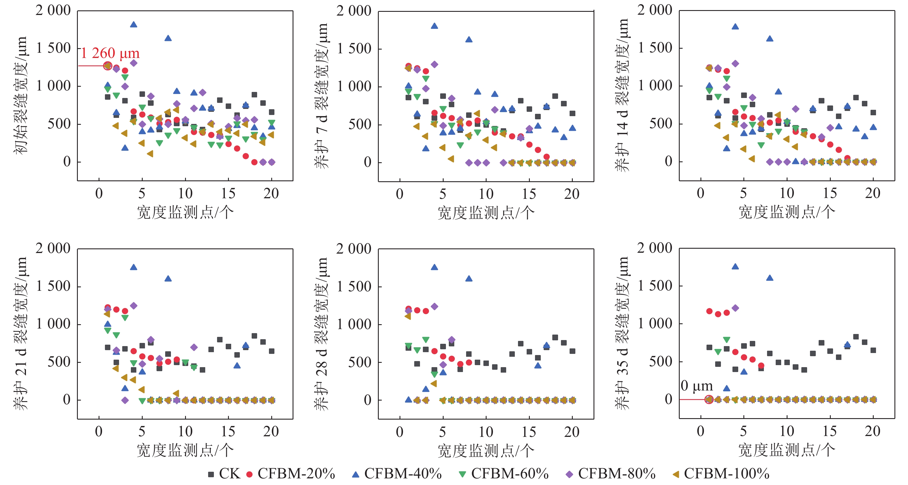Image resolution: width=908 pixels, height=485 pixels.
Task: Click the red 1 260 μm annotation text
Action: pos(110,54)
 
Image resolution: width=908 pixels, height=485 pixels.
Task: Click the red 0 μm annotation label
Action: pos(696,386)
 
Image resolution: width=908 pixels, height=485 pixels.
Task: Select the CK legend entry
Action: pos(225,474)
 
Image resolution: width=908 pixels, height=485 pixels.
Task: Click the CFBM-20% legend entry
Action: pos(291,474)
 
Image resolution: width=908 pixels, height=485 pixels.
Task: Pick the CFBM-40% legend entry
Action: pos(397,474)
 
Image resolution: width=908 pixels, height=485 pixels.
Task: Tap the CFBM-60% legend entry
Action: pos(504,474)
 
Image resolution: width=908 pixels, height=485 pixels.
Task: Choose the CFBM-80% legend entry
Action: pos(611,474)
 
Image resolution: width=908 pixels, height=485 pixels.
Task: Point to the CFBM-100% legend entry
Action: pos(721,474)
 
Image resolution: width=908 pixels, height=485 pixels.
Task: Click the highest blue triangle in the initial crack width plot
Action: pos(133,24)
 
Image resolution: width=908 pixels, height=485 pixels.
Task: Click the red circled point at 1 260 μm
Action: pos(108,65)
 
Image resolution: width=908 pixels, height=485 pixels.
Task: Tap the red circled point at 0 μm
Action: pos(709,399)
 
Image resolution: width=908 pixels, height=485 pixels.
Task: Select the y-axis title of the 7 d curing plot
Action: pos(321,95)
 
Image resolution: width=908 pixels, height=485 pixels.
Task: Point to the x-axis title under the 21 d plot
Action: pos(185,450)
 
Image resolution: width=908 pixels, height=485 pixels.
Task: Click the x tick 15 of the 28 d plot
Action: pos(529,432)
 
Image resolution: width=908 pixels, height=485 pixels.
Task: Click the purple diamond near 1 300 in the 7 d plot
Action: pos(434,65)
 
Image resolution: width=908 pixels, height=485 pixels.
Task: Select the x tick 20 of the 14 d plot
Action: pos(873,193)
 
